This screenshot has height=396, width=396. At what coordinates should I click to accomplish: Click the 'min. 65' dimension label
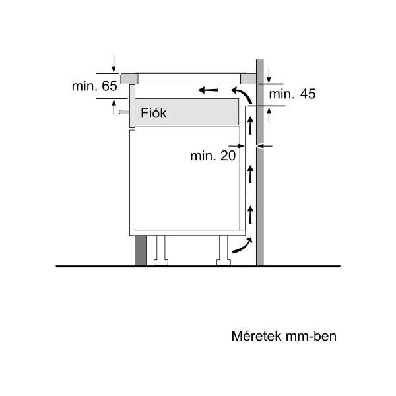pyautogui.click(x=94, y=86)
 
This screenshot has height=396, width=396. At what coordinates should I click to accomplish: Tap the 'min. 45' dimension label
pyautogui.click(x=292, y=94)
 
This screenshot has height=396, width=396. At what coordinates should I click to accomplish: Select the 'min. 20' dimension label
pyautogui.click(x=213, y=156)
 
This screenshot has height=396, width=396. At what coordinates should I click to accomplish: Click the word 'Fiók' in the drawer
pyautogui.click(x=154, y=113)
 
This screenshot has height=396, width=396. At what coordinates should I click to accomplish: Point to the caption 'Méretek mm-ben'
pyautogui.click(x=284, y=336)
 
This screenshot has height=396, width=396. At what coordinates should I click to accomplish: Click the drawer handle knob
pyautogui.click(x=124, y=112)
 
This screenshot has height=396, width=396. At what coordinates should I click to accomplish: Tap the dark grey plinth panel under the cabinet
pyautogui.click(x=141, y=251)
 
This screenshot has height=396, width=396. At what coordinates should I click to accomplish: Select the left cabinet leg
pyautogui.click(x=161, y=251)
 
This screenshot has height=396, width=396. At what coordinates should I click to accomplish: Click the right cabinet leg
pyautogui.click(x=224, y=251)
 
